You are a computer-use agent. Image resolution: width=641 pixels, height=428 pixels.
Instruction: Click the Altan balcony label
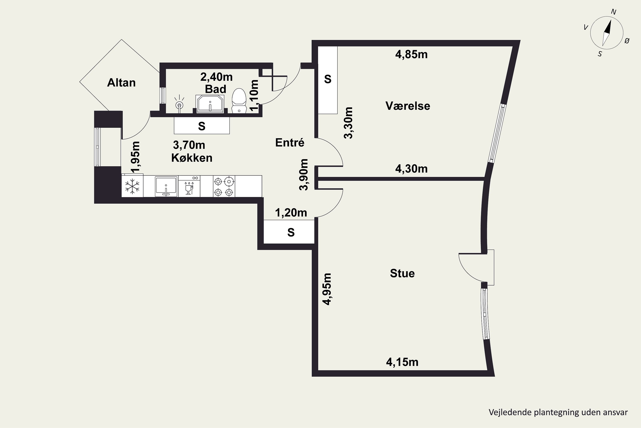pos(121,83)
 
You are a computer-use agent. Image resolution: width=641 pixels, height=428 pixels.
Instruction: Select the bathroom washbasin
pos(210,104)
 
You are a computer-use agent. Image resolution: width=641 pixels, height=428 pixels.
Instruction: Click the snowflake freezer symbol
pos(132,186)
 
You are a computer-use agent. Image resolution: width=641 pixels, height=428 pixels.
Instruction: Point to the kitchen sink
pos(166,186)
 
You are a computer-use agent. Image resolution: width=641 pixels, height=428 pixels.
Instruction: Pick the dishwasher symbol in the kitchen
pos(189,186)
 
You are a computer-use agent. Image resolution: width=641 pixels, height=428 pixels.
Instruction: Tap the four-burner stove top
pos(224,186)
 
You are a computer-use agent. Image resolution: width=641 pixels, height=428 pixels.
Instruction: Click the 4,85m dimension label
pos(411,55)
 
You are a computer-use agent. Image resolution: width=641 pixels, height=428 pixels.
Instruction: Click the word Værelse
pos(408,106)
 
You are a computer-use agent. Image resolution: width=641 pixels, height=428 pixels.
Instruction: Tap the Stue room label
pos(402,273)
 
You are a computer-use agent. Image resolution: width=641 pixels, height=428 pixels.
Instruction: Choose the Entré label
pos(290,143)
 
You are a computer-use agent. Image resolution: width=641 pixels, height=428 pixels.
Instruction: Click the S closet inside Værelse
pos(328,80)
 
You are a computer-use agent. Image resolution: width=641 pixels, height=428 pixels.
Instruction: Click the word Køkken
pos(192,158)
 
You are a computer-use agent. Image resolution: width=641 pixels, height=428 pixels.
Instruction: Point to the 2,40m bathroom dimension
pos(216,77)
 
